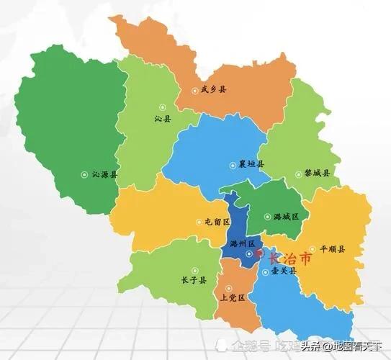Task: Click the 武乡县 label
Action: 213,90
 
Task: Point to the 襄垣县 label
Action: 251,163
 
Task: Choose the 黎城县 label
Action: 317,174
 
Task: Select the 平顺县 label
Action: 333,249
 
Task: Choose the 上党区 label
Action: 233,297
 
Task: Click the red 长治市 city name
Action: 290,258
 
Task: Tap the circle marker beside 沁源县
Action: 84,174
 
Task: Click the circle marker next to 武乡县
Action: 194,91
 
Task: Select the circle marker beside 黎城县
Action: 297,174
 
